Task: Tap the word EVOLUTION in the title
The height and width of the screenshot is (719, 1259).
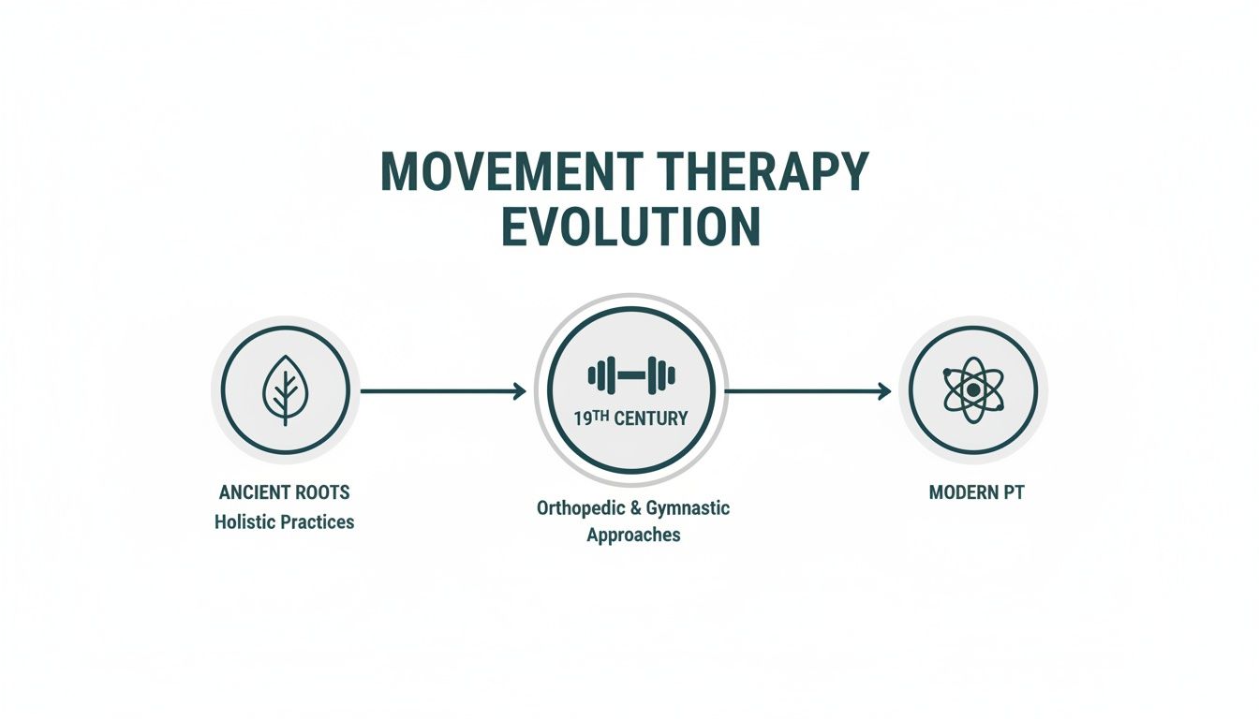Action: tap(630, 226)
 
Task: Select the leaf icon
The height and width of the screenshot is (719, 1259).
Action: tap(283, 390)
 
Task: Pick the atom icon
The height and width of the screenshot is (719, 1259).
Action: tap(973, 389)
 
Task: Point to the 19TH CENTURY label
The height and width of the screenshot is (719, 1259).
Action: tap(630, 418)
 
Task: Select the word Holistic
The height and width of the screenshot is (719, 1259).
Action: tap(247, 522)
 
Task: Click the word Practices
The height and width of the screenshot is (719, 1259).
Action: tap(319, 522)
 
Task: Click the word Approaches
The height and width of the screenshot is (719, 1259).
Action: tap(633, 536)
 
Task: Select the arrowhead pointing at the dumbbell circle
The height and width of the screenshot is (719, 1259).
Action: tap(520, 391)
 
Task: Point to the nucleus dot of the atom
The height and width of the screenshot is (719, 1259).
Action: tap(973, 389)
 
